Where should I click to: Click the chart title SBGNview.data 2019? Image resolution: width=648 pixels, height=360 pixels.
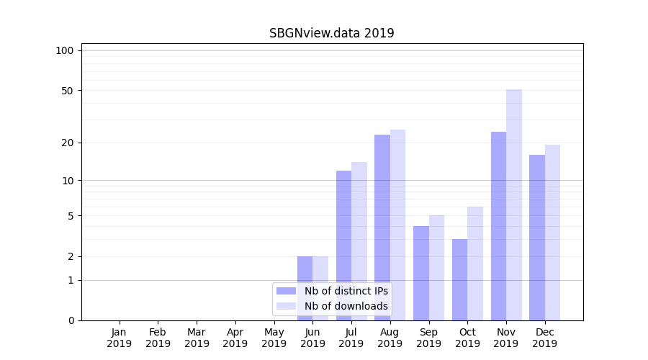(331, 33)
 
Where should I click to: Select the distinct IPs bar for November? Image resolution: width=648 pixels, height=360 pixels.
(498, 226)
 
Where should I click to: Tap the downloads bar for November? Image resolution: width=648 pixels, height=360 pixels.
(514, 205)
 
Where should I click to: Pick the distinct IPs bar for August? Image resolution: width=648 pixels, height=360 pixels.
(382, 228)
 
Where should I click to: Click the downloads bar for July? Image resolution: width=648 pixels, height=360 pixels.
(359, 241)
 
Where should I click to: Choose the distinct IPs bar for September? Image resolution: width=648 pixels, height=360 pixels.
(421, 273)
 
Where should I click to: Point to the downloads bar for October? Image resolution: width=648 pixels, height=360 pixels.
(475, 264)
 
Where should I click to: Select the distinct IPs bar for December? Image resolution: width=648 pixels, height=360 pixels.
(537, 238)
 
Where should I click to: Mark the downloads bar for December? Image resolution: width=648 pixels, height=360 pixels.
(552, 233)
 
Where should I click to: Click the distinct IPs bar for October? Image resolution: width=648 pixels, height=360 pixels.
(459, 279)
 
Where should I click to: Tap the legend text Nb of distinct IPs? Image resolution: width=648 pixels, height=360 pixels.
(346, 291)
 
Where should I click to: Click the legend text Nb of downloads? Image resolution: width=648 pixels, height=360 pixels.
(346, 306)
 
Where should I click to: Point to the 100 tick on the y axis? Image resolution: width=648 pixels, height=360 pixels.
(65, 50)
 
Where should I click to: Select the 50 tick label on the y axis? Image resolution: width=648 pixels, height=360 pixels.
(67, 91)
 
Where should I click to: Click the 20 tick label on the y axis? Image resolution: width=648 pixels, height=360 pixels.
(67, 143)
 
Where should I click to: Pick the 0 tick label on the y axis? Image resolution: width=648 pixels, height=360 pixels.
(71, 320)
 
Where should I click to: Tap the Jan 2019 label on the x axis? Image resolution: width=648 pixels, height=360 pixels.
(120, 338)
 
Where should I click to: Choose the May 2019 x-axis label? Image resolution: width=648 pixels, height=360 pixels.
(274, 338)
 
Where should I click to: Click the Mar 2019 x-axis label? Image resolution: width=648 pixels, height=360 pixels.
(197, 338)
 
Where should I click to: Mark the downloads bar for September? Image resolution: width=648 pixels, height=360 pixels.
(436, 268)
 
